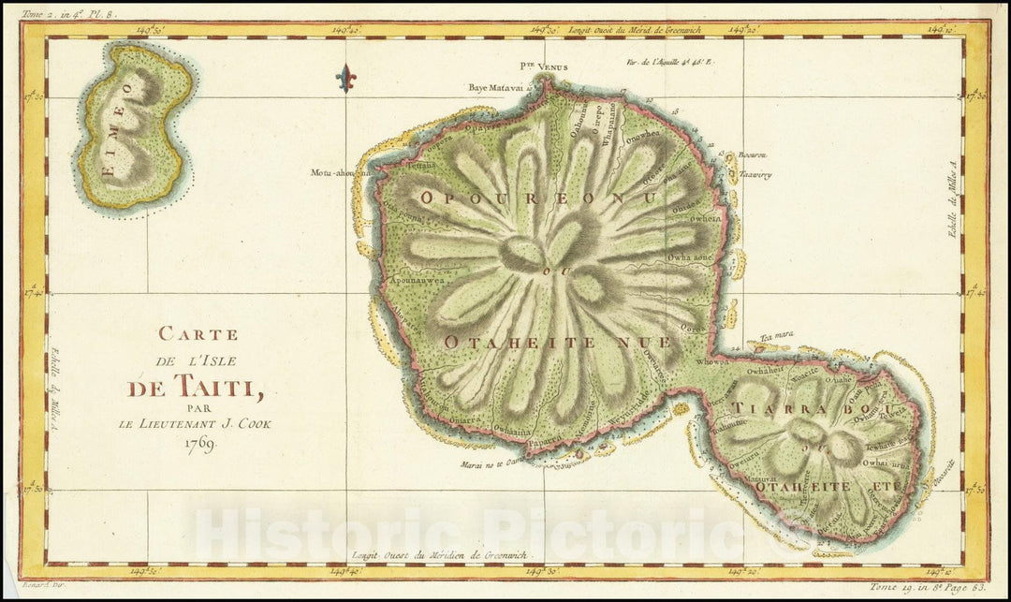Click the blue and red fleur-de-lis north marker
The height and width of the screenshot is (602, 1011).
click(x=345, y=78)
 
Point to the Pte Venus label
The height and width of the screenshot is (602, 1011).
click(x=544, y=67)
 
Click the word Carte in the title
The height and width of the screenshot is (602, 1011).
click(x=198, y=333)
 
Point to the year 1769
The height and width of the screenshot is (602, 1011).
click(x=198, y=443)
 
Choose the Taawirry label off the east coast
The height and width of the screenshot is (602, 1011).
click(x=754, y=175)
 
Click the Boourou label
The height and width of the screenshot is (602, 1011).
click(x=752, y=155)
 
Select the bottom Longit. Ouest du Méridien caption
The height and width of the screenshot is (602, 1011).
click(x=441, y=555)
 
